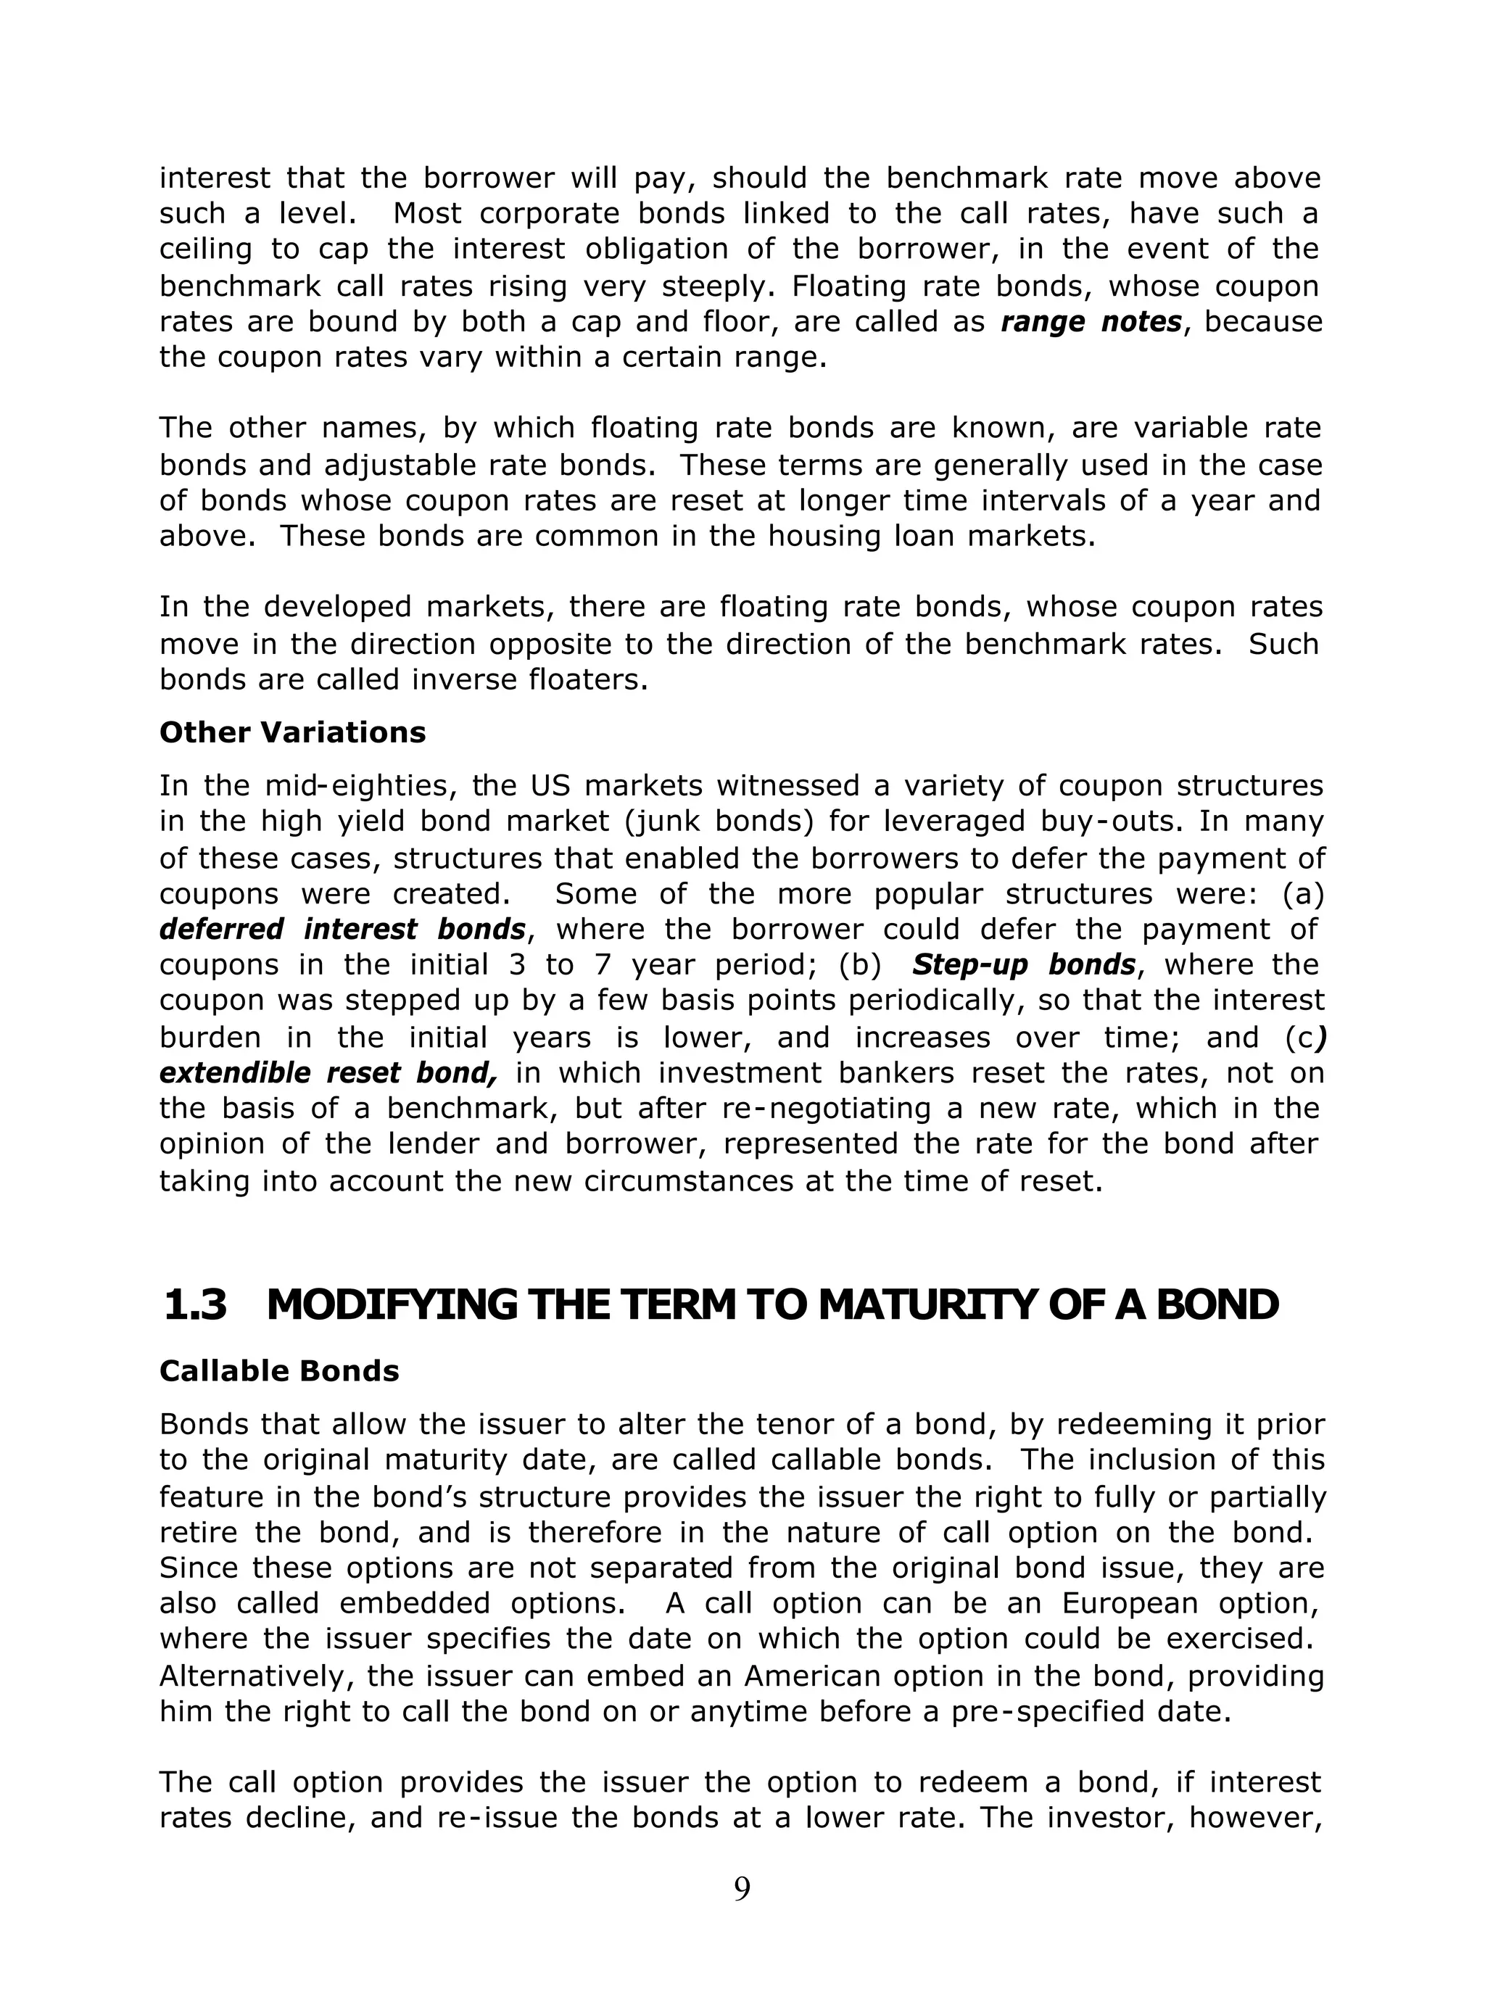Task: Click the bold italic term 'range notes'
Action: [x=1091, y=322]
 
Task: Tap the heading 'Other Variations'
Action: [x=292, y=732]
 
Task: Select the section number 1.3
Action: [x=195, y=1304]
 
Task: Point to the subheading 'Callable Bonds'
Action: [x=278, y=1370]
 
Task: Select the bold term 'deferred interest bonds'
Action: [x=342, y=928]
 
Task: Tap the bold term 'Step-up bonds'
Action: [x=1023, y=964]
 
